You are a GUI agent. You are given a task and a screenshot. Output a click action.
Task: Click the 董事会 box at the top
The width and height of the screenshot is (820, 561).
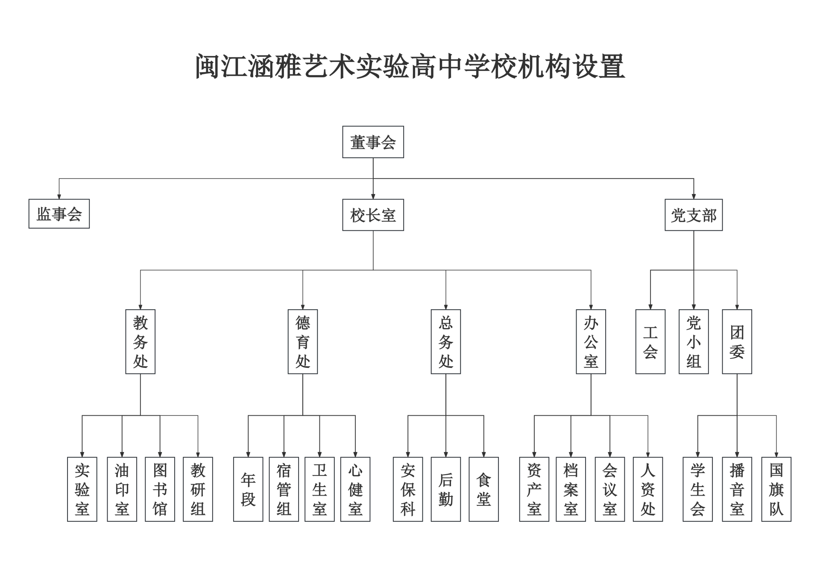pyautogui.click(x=373, y=142)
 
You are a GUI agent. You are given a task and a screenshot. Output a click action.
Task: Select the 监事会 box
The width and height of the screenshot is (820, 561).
pyautogui.click(x=59, y=214)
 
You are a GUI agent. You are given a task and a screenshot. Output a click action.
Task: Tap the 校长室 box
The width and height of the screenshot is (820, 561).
pyautogui.click(x=373, y=215)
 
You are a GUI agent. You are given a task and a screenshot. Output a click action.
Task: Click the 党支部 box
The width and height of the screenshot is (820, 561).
pyautogui.click(x=693, y=215)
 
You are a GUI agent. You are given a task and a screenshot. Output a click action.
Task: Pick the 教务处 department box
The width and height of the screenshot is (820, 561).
pyautogui.click(x=140, y=342)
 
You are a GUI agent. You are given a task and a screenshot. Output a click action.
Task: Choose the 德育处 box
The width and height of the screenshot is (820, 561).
pyautogui.click(x=302, y=342)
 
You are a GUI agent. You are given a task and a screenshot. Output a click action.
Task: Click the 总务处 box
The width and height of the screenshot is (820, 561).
pyautogui.click(x=445, y=342)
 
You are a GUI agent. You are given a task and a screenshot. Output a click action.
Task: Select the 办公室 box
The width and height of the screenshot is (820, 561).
pyautogui.click(x=591, y=342)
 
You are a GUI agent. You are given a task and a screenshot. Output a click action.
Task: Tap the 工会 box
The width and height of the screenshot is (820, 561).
pyautogui.click(x=650, y=342)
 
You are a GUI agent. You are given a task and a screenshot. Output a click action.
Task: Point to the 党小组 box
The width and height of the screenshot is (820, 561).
pyautogui.click(x=694, y=342)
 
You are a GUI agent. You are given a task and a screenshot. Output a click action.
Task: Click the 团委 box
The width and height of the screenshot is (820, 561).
pyautogui.click(x=737, y=342)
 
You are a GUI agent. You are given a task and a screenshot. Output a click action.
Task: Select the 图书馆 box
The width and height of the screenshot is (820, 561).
pyautogui.click(x=160, y=489)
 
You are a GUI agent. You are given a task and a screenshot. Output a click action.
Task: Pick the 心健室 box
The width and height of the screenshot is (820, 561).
pyautogui.click(x=355, y=489)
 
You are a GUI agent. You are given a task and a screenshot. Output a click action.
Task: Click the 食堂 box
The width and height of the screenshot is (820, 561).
pyautogui.click(x=483, y=489)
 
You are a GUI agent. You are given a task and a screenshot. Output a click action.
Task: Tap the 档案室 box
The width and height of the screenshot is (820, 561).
pyautogui.click(x=571, y=489)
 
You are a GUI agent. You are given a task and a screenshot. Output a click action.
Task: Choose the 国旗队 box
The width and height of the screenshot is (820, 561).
pyautogui.click(x=776, y=489)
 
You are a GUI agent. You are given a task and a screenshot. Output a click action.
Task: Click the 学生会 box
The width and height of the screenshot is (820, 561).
pyautogui.click(x=697, y=489)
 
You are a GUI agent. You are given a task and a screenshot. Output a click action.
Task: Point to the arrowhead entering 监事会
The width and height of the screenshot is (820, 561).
pyautogui.click(x=59, y=197)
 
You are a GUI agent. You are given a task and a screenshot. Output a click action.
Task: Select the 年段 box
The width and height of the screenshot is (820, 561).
pyautogui.click(x=248, y=489)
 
